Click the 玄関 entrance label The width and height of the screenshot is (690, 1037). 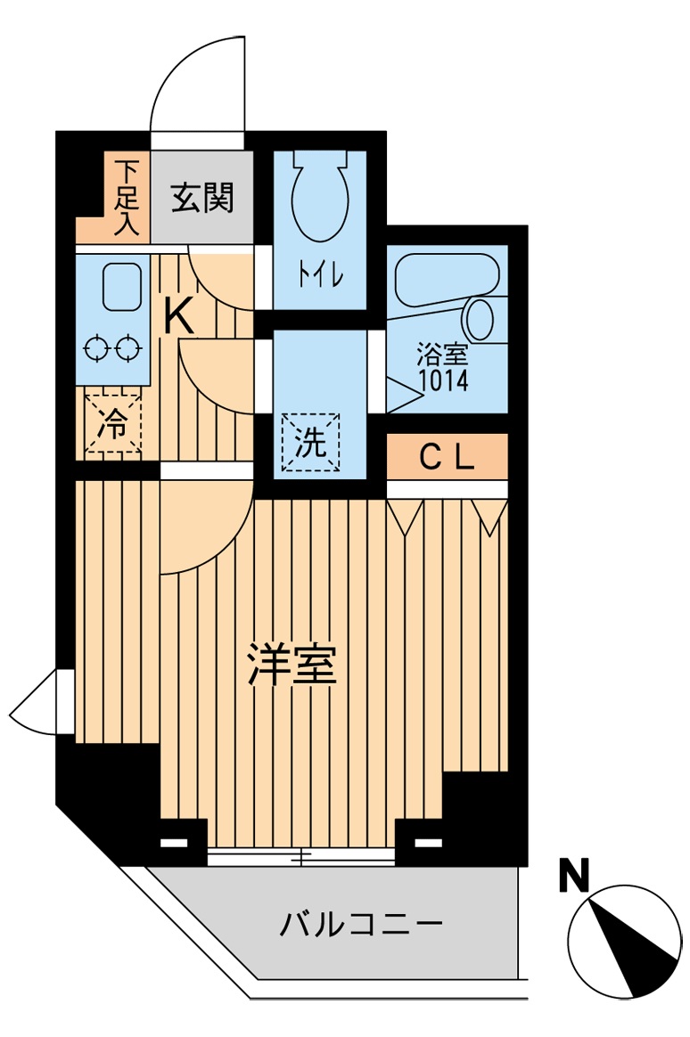[x=202, y=198]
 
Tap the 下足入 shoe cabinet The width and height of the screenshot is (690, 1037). [x=127, y=198]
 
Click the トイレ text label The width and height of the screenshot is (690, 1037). [x=320, y=276]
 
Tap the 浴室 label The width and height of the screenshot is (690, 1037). [x=442, y=355]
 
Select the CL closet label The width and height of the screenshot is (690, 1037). [x=447, y=457]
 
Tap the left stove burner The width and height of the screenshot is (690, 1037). [x=94, y=348]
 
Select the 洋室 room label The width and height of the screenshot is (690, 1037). [x=292, y=665]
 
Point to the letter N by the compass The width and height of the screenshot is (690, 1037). [x=575, y=877]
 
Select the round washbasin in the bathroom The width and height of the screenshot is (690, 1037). [x=481, y=318]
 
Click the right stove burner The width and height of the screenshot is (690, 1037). [x=127, y=348]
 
